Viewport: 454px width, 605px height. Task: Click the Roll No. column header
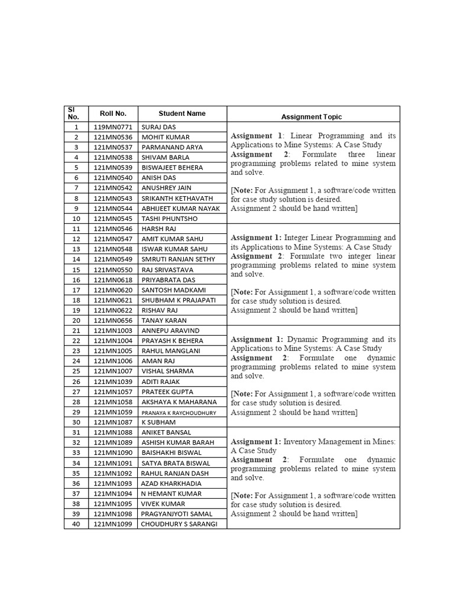coord(113,113)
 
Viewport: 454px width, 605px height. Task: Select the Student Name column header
coord(182,113)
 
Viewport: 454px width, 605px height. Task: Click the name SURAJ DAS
coord(158,127)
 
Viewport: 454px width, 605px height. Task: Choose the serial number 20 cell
coord(76,320)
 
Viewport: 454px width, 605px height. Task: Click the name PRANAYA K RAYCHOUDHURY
coord(179,412)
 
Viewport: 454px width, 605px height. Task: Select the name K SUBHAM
coord(158,422)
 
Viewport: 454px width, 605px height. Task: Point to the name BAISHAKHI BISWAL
coord(171,453)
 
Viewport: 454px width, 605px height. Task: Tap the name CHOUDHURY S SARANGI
coord(179,524)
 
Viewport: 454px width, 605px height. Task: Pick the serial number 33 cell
coord(76,453)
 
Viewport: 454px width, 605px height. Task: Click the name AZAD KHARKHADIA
coord(171,483)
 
